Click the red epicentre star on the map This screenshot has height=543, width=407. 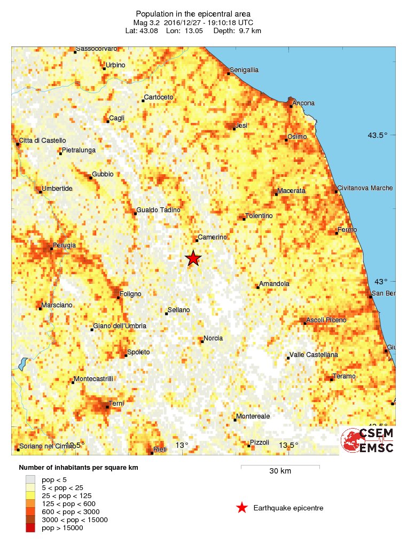(193, 258)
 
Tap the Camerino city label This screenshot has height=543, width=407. (213, 237)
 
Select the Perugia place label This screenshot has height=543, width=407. (64, 245)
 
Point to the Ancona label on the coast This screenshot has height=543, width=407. (304, 103)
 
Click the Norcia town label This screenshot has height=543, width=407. (213, 338)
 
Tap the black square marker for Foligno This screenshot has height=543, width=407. (119, 297)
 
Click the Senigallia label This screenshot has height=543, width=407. (244, 70)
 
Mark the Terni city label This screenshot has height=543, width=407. (116, 403)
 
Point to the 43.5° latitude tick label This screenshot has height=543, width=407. (377, 135)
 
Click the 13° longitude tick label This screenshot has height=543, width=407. (183, 445)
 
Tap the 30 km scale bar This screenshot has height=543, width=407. (280, 467)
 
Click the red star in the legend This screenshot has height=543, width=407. (242, 508)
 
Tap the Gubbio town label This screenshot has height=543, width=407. (103, 174)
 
